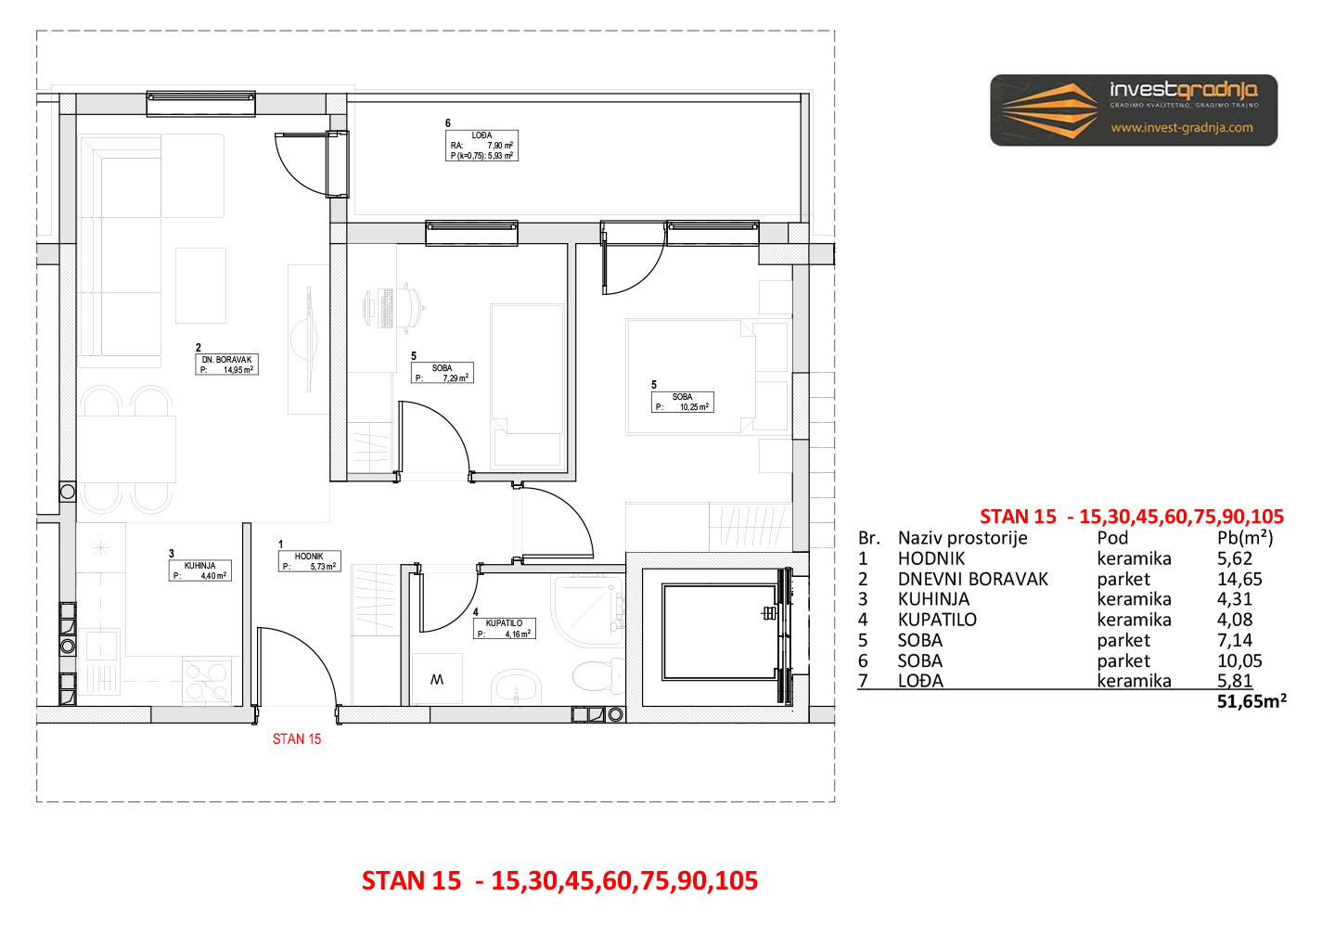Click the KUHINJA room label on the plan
click(x=199, y=570)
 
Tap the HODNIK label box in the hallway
click(x=309, y=561)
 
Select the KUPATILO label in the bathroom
click(x=504, y=628)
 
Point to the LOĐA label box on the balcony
click(x=481, y=146)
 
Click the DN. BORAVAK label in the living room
click(x=226, y=365)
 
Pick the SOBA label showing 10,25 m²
click(x=682, y=402)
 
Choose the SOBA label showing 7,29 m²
click(x=442, y=373)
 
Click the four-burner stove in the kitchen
click(x=207, y=680)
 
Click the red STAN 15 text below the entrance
click(x=297, y=739)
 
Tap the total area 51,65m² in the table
click(x=1251, y=701)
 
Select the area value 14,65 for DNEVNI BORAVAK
click(x=1239, y=580)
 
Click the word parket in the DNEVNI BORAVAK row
click(x=1123, y=580)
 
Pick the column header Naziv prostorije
click(x=963, y=538)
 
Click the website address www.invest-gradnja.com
click(x=1182, y=127)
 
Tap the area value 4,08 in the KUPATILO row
click(x=1235, y=620)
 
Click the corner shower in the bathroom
click(x=587, y=610)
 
